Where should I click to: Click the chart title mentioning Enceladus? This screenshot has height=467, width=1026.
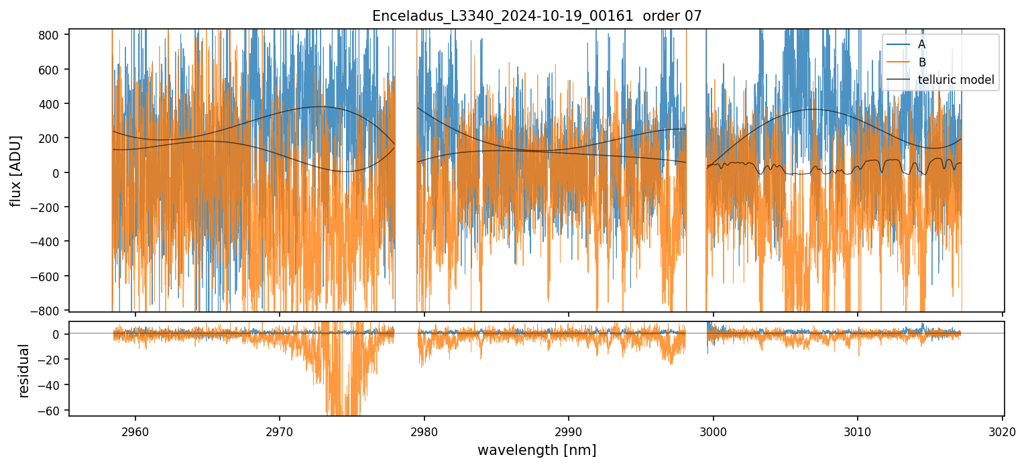tap(536, 16)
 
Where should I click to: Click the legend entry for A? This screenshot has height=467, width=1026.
tap(921, 44)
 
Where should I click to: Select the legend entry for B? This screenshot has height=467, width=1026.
tap(921, 62)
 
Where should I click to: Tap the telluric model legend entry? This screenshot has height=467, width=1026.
tap(956, 81)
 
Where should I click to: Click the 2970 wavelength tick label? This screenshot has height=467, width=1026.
tap(280, 431)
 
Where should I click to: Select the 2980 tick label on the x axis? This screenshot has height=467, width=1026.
tap(424, 431)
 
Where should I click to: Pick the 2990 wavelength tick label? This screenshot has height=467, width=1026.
tap(569, 431)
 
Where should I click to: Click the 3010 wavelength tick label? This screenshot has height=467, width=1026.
tap(858, 431)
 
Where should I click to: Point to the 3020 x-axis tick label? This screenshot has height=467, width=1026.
tap(1003, 431)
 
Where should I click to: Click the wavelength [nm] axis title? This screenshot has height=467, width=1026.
tap(536, 450)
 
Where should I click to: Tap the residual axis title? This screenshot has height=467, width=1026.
tap(24, 370)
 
